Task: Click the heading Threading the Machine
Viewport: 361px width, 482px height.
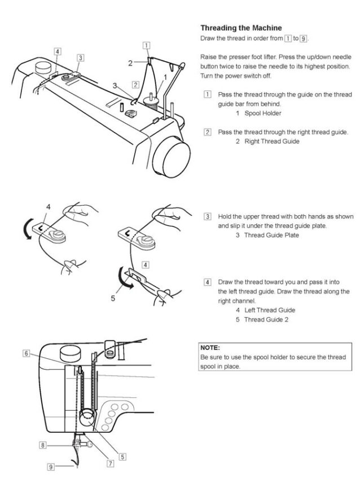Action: (241, 28)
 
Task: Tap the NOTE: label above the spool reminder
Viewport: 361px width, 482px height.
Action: (210, 347)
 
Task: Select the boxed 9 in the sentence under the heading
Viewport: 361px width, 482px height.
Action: (304, 38)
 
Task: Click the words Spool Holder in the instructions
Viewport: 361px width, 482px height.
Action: (263, 113)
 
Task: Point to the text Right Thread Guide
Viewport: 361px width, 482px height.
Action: (271, 141)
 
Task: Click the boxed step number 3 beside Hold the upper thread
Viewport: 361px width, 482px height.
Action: (208, 217)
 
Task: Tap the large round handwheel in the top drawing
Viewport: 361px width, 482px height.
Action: (172, 152)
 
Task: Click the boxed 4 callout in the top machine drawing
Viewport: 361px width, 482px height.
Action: (58, 51)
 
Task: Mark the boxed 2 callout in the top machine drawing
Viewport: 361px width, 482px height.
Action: (135, 85)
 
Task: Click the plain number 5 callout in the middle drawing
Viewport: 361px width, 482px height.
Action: (113, 298)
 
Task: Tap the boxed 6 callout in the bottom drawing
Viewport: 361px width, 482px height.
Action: (26, 353)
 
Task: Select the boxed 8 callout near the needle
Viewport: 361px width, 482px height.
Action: (42, 445)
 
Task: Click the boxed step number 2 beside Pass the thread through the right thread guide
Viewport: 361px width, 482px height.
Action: (208, 132)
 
